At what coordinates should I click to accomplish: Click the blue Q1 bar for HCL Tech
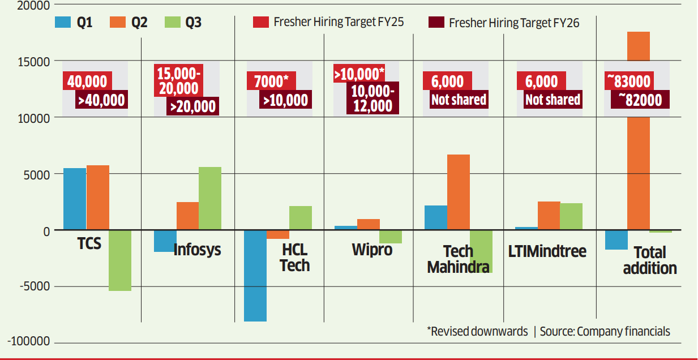point(255,276)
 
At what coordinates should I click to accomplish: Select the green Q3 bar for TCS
point(120,260)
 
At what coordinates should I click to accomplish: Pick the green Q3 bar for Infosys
point(210,199)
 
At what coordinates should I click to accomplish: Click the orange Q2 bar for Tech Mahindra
point(459,192)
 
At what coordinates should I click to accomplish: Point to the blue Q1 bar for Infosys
point(165,241)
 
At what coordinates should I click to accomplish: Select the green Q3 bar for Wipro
point(391,237)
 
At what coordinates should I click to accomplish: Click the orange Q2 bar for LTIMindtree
point(549,216)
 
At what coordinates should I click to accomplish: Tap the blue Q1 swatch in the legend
point(62,23)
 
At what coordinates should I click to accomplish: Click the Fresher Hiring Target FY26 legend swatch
point(435,23)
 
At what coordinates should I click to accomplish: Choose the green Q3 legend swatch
point(172,23)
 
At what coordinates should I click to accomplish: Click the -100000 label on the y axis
point(29,342)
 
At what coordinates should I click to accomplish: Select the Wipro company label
point(371,249)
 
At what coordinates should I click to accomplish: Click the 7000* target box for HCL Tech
point(269,82)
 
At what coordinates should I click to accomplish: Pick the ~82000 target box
point(640,100)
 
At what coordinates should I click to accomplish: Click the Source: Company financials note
point(605,332)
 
